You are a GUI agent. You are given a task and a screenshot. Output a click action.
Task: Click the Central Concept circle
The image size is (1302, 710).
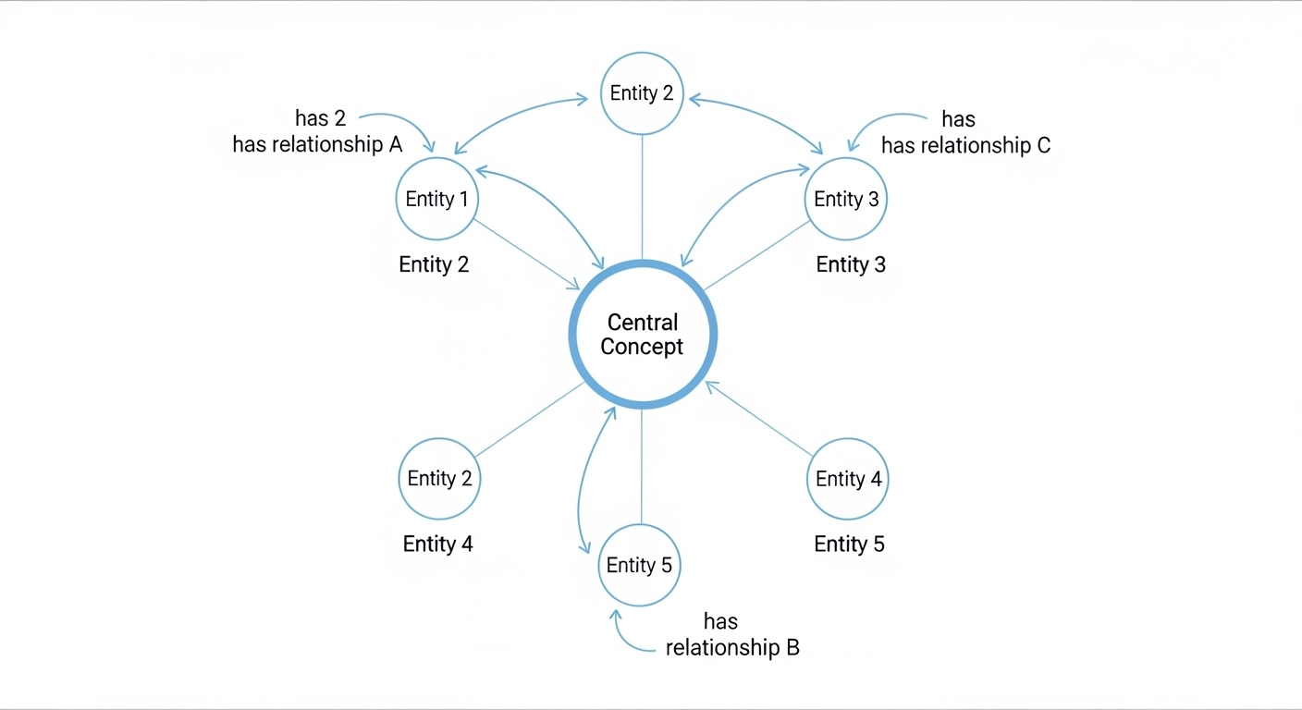pyautogui.click(x=642, y=334)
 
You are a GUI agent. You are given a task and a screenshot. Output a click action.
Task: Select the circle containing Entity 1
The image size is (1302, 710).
pyautogui.click(x=436, y=200)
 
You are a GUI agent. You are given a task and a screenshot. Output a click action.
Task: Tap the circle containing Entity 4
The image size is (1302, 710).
pyautogui.click(x=847, y=479)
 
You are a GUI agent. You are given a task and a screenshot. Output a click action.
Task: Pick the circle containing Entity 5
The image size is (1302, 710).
pyautogui.click(x=639, y=566)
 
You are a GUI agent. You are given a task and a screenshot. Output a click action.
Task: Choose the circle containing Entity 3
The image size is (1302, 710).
pyautogui.click(x=845, y=200)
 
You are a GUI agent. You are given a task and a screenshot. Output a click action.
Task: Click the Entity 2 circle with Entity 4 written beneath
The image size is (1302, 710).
pyautogui.click(x=439, y=479)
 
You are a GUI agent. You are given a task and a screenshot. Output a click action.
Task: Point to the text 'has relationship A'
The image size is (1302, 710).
pyautogui.click(x=317, y=145)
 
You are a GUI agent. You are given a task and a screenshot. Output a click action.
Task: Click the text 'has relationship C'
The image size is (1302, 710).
pyautogui.click(x=965, y=145)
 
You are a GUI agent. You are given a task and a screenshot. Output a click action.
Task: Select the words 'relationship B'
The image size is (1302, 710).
pyautogui.click(x=732, y=647)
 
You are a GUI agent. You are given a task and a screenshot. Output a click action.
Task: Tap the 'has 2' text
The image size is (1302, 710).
pyautogui.click(x=320, y=118)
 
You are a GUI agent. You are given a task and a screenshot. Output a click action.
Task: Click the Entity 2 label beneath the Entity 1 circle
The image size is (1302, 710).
pyautogui.click(x=434, y=264)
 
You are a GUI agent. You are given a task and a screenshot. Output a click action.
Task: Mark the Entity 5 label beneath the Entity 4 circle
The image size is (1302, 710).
pyautogui.click(x=849, y=544)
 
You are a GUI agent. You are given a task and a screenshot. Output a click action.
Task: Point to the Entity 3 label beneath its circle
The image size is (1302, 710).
pyautogui.click(x=851, y=264)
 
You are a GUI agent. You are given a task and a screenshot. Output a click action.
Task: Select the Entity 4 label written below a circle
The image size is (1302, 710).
pyautogui.click(x=437, y=544)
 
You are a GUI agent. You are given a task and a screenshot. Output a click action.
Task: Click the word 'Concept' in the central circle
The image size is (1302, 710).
pyautogui.click(x=642, y=347)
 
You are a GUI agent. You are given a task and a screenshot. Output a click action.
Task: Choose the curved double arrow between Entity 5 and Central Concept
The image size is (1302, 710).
pyautogui.click(x=583, y=481)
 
